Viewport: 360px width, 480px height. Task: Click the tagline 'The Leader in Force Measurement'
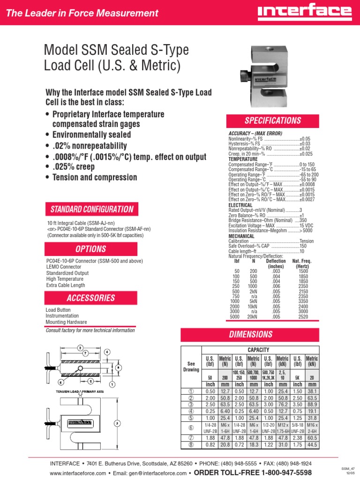click(82, 13)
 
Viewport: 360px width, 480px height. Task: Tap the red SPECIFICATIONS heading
click(273, 120)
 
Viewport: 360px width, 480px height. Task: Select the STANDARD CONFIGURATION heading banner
click(91, 210)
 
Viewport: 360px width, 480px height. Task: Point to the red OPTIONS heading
click(91, 249)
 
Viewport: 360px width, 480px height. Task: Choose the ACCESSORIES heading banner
click(91, 298)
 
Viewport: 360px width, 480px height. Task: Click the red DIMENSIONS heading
click(251, 335)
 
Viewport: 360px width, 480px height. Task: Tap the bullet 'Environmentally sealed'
click(91, 135)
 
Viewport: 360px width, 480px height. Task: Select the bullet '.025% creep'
click(73, 167)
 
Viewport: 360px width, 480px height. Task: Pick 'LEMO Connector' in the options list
click(64, 267)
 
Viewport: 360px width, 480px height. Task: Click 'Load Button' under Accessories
click(57, 310)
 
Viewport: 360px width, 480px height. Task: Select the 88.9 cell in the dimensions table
click(312, 405)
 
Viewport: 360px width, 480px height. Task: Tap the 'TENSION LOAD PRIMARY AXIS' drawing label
click(83, 391)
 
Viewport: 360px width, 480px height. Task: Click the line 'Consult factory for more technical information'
click(90, 330)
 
